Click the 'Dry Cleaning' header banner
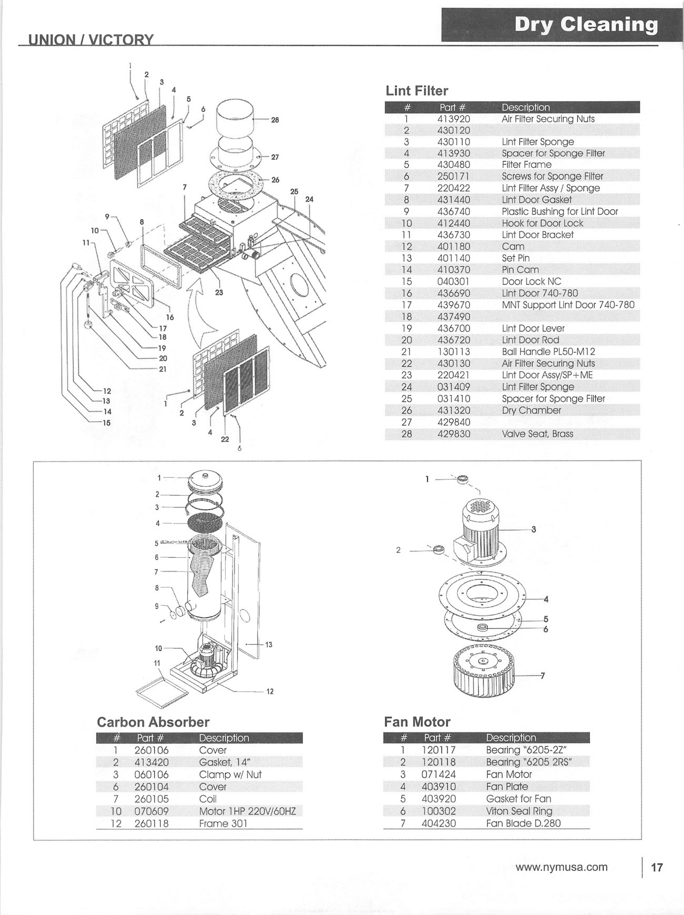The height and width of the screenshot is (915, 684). (586, 25)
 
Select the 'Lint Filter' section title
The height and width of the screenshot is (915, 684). (417, 91)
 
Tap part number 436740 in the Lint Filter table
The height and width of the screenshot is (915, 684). (454, 212)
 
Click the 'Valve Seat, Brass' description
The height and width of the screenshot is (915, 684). (537, 434)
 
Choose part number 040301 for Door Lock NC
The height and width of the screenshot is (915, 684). (454, 281)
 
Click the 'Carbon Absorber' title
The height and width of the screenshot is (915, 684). (153, 722)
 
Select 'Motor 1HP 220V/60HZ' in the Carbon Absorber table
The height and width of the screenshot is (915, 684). (247, 811)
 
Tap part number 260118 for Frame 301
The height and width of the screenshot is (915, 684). (152, 823)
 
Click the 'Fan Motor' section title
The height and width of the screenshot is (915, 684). (417, 722)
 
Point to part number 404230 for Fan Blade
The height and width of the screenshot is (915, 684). (439, 823)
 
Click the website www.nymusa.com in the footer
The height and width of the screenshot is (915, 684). (561, 867)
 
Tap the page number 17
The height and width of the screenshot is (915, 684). (657, 867)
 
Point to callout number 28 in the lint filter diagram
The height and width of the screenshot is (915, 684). (275, 120)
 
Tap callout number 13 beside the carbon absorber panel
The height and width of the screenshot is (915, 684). (269, 645)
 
